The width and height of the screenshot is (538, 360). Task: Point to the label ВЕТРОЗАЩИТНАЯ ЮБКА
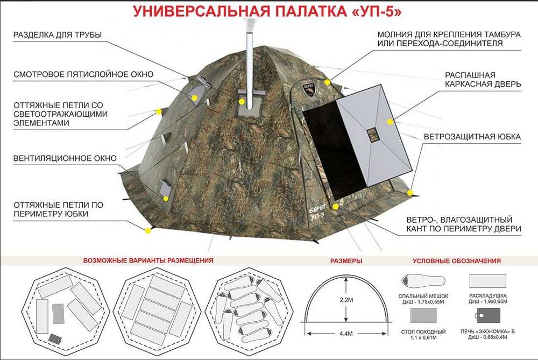pyautogui.click(x=472, y=137)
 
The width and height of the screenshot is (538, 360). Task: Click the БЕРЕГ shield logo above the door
pyautogui.click(x=313, y=89)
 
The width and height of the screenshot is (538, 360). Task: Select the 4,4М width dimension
pyautogui.click(x=346, y=333)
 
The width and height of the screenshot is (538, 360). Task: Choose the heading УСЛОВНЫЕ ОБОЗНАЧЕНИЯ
pyautogui.click(x=457, y=260)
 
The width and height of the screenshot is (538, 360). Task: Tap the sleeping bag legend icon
pyautogui.click(x=422, y=280)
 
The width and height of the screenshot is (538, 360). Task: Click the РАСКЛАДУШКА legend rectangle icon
pyautogui.click(x=487, y=281)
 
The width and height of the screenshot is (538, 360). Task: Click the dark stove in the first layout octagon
pyautogui.click(x=55, y=338)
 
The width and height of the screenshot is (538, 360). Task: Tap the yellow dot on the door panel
pyautogui.click(x=387, y=123)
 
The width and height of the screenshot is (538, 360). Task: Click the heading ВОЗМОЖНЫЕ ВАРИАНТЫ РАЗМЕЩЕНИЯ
pyautogui.click(x=148, y=260)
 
